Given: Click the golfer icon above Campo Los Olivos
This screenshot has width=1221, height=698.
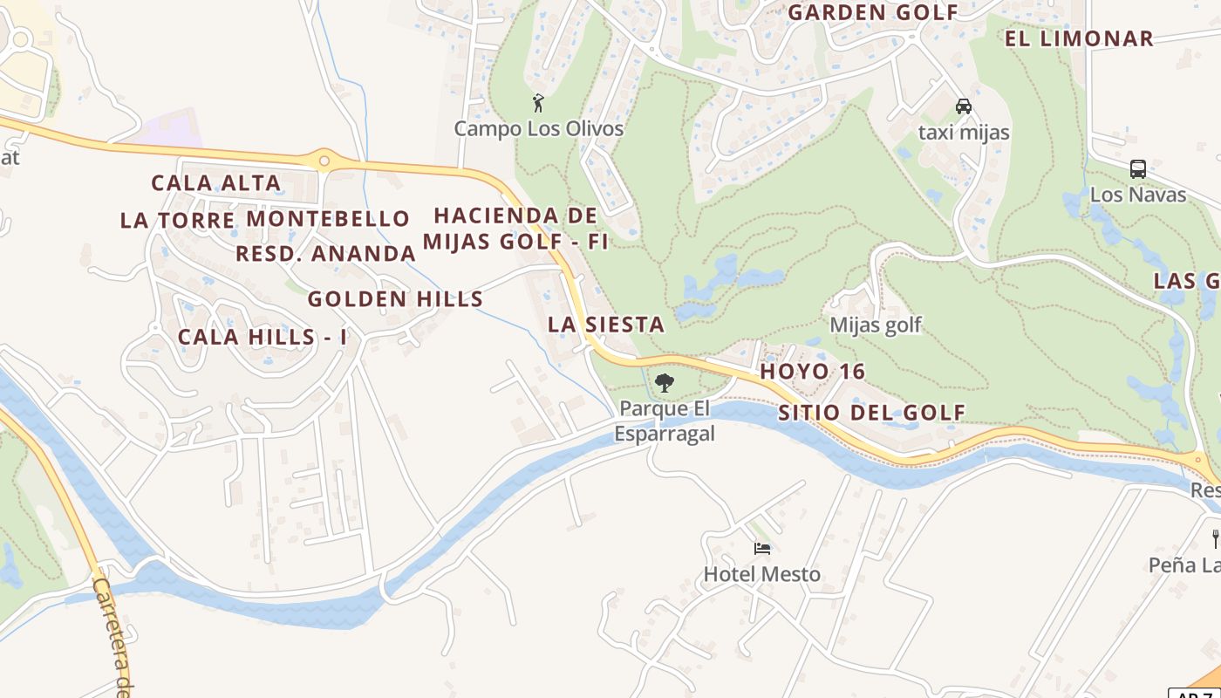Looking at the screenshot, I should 538,103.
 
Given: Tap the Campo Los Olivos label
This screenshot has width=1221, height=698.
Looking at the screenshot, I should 538,129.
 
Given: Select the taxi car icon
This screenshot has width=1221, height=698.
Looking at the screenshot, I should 964,106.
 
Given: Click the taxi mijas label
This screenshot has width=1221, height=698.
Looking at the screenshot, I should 964,133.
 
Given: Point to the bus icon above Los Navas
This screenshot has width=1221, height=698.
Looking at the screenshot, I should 1137,168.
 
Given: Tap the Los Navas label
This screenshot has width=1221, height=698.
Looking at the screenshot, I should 1137,194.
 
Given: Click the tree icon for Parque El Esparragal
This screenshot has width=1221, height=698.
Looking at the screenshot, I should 665,382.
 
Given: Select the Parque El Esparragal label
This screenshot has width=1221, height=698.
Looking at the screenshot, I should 665,421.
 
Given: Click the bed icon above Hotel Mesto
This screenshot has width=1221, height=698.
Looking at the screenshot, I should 762,548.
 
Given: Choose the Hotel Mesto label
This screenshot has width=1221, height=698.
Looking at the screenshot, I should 762,574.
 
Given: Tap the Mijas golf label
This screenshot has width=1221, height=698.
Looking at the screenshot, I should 876,325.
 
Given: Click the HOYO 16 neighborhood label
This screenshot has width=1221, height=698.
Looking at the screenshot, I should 813,372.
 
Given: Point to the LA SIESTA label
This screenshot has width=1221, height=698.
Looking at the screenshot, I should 606,325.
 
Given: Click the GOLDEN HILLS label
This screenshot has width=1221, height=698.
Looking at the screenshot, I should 395,299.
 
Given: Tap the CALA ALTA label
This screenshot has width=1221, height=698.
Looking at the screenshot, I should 215,183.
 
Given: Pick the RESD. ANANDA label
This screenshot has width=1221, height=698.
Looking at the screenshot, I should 325,254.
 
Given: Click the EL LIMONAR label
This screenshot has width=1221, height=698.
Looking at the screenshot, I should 1079,38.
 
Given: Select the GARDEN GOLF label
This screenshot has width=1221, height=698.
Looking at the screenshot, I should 873,12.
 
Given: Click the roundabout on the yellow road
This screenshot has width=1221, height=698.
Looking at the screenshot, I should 324,161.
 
